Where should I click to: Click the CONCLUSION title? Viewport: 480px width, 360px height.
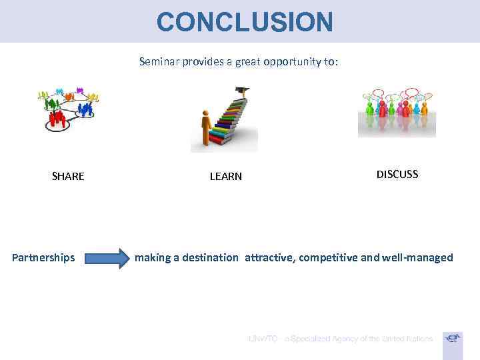pyautogui.click(x=245, y=22)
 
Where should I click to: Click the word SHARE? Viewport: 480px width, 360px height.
pyautogui.click(x=68, y=177)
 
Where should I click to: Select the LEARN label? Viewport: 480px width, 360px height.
pyautogui.click(x=226, y=177)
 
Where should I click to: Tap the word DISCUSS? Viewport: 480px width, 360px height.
pyautogui.click(x=397, y=174)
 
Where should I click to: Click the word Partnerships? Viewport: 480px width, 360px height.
pyautogui.click(x=43, y=257)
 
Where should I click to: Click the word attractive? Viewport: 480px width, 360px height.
pyautogui.click(x=269, y=257)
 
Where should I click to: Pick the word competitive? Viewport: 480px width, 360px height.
pyautogui.click(x=329, y=257)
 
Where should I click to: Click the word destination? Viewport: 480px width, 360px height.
pyautogui.click(x=205, y=257)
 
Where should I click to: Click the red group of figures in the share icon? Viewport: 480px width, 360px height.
pyautogui.click(x=59, y=119)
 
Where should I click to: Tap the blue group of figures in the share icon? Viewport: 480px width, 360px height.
pyautogui.click(x=85, y=108)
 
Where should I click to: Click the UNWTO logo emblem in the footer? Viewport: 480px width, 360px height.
pyautogui.click(x=453, y=339)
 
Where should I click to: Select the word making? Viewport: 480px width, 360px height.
pyautogui.click(x=153, y=257)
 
